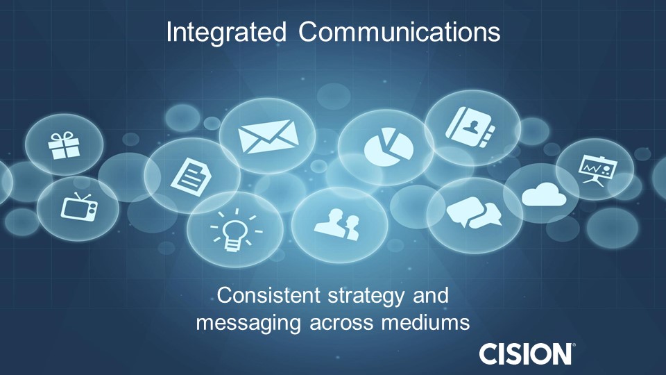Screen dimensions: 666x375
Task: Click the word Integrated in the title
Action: pos(226,33)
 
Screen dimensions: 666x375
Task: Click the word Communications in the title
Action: pos(400,32)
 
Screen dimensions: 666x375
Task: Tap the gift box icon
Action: pos(64,145)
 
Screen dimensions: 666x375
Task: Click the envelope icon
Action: pos(268,136)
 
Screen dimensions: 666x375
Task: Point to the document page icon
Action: pos(191,177)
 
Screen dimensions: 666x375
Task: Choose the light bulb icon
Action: pos(236,231)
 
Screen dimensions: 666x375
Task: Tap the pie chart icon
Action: pos(388,147)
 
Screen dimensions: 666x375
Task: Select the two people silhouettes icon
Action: pos(337,224)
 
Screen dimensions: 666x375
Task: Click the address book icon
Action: pos(470,127)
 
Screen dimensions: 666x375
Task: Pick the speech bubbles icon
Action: pos(474,212)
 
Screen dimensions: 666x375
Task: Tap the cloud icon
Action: pos(544,194)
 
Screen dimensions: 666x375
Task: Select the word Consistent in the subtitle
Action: pos(269,295)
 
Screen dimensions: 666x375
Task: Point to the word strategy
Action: pos(366,297)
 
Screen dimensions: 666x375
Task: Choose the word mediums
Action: pos(425,322)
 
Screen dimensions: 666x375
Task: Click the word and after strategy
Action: pos(431,296)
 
